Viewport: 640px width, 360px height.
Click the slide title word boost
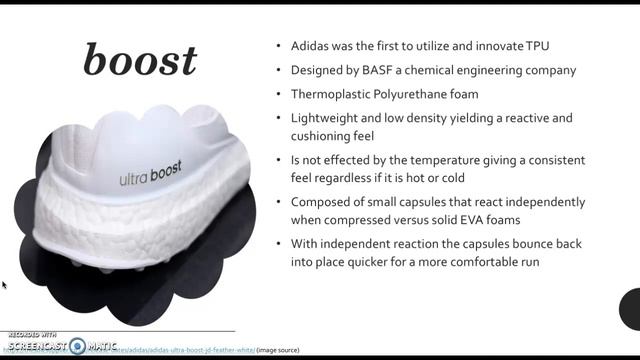click(x=140, y=61)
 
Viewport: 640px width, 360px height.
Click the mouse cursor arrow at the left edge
click(x=3, y=285)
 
